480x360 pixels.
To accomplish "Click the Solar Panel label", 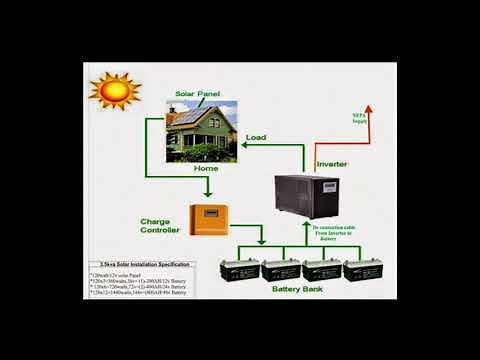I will [196, 94].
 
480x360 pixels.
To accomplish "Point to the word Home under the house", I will [206, 169].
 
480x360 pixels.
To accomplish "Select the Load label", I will [256, 137].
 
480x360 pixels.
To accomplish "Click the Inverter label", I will [332, 163].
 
